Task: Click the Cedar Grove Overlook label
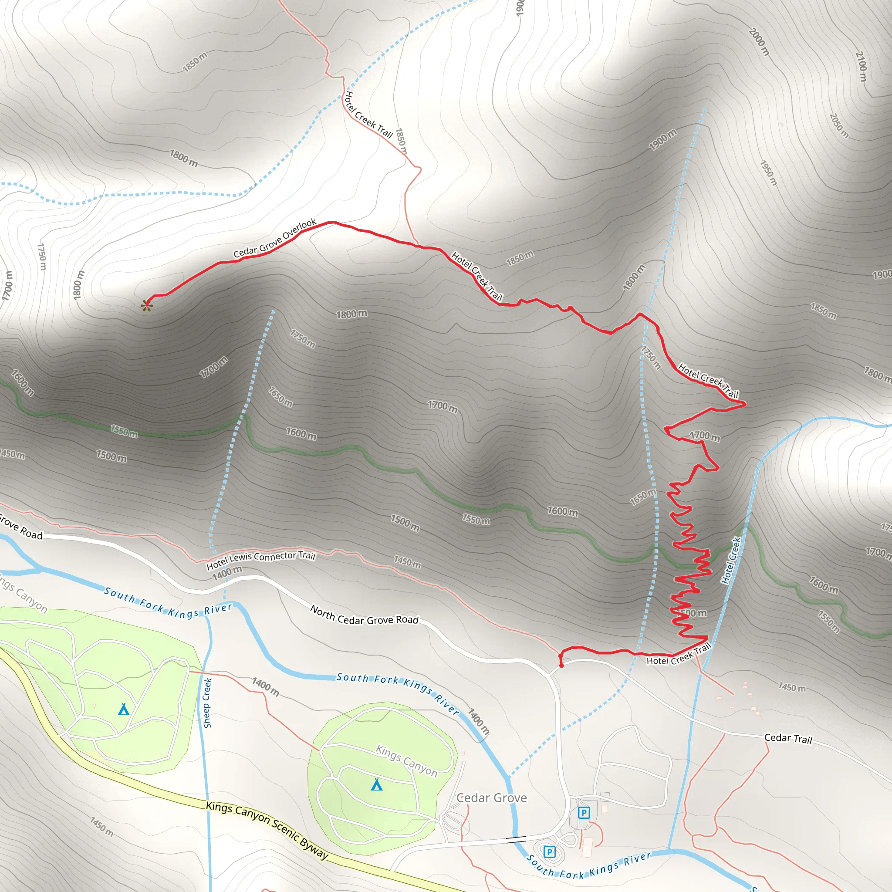click(275, 238)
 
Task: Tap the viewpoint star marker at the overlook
click(146, 305)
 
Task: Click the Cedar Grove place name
click(491, 797)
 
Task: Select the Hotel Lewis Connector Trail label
click(260, 560)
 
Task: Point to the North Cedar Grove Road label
click(364, 615)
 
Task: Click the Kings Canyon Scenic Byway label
click(267, 830)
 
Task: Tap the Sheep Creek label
click(207, 702)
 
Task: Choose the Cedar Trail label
click(787, 738)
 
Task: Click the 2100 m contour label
click(861, 67)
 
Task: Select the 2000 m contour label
click(759, 42)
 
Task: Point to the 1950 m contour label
click(768, 172)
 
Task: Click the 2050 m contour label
click(839, 125)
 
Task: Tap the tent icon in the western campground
click(123, 709)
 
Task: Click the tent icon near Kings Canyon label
click(377, 784)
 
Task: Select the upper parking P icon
click(584, 813)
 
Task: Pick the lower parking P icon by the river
click(549, 851)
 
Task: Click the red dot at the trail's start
click(561, 666)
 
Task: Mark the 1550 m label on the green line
click(124, 431)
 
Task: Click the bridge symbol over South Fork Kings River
click(516, 839)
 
